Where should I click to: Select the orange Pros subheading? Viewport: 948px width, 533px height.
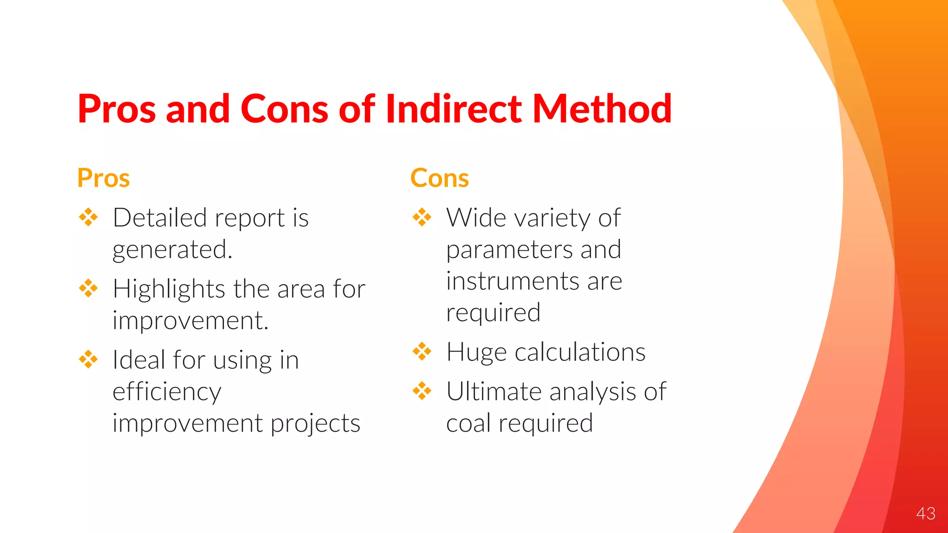tap(103, 178)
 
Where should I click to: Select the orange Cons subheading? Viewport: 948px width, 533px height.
tap(439, 178)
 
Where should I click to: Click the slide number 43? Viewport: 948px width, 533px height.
tap(925, 514)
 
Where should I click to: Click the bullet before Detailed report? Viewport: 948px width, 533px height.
tap(88, 217)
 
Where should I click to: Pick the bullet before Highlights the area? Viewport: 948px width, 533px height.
tap(88, 288)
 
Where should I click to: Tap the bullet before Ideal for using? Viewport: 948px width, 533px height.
tap(88, 359)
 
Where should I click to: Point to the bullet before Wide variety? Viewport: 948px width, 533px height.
tap(422, 217)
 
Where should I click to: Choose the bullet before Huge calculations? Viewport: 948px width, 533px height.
tap(422, 352)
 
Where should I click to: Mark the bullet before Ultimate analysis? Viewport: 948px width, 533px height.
tap(422, 391)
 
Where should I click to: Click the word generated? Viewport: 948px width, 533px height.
tap(172, 250)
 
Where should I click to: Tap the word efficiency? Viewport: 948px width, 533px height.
tap(167, 392)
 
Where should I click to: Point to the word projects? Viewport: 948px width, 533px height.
tap(315, 424)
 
